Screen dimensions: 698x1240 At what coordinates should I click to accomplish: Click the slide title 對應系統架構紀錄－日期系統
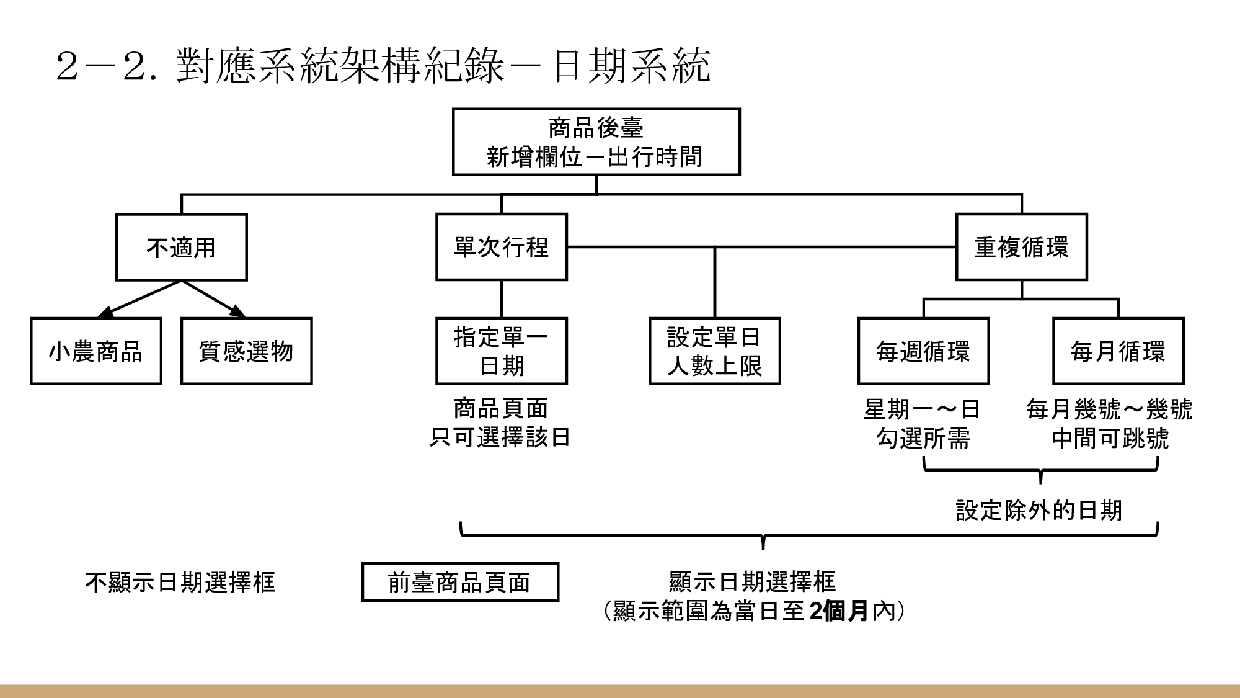click(383, 65)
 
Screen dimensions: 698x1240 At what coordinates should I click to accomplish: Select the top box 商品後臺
click(596, 142)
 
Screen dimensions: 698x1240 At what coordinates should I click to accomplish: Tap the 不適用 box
click(181, 248)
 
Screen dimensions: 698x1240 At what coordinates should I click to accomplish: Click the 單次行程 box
click(501, 247)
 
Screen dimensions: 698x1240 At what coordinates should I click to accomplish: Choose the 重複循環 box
click(1021, 247)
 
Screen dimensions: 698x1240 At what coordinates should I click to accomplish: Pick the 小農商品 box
click(96, 351)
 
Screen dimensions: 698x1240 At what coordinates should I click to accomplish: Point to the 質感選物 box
click(246, 351)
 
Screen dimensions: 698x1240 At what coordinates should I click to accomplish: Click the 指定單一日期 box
click(501, 351)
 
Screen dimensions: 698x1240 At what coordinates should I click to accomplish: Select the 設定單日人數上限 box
click(714, 351)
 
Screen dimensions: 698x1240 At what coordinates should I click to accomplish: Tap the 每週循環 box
click(923, 351)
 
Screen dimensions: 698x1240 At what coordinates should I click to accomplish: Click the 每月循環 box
click(1118, 351)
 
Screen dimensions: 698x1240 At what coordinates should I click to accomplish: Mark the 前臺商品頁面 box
click(460, 582)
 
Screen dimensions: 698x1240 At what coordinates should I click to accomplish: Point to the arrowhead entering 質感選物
click(237, 312)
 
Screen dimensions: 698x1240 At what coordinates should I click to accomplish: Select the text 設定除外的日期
click(1039, 510)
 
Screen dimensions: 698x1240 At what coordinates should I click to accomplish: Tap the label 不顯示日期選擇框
click(180, 582)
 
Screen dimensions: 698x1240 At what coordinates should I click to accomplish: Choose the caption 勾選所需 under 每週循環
click(923, 439)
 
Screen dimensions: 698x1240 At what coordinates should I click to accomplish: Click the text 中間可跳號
click(1110, 439)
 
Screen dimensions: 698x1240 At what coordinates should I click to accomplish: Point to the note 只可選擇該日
click(500, 437)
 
